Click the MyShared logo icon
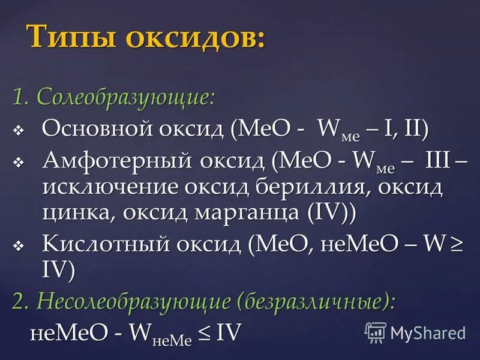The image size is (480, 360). click(375, 332)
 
